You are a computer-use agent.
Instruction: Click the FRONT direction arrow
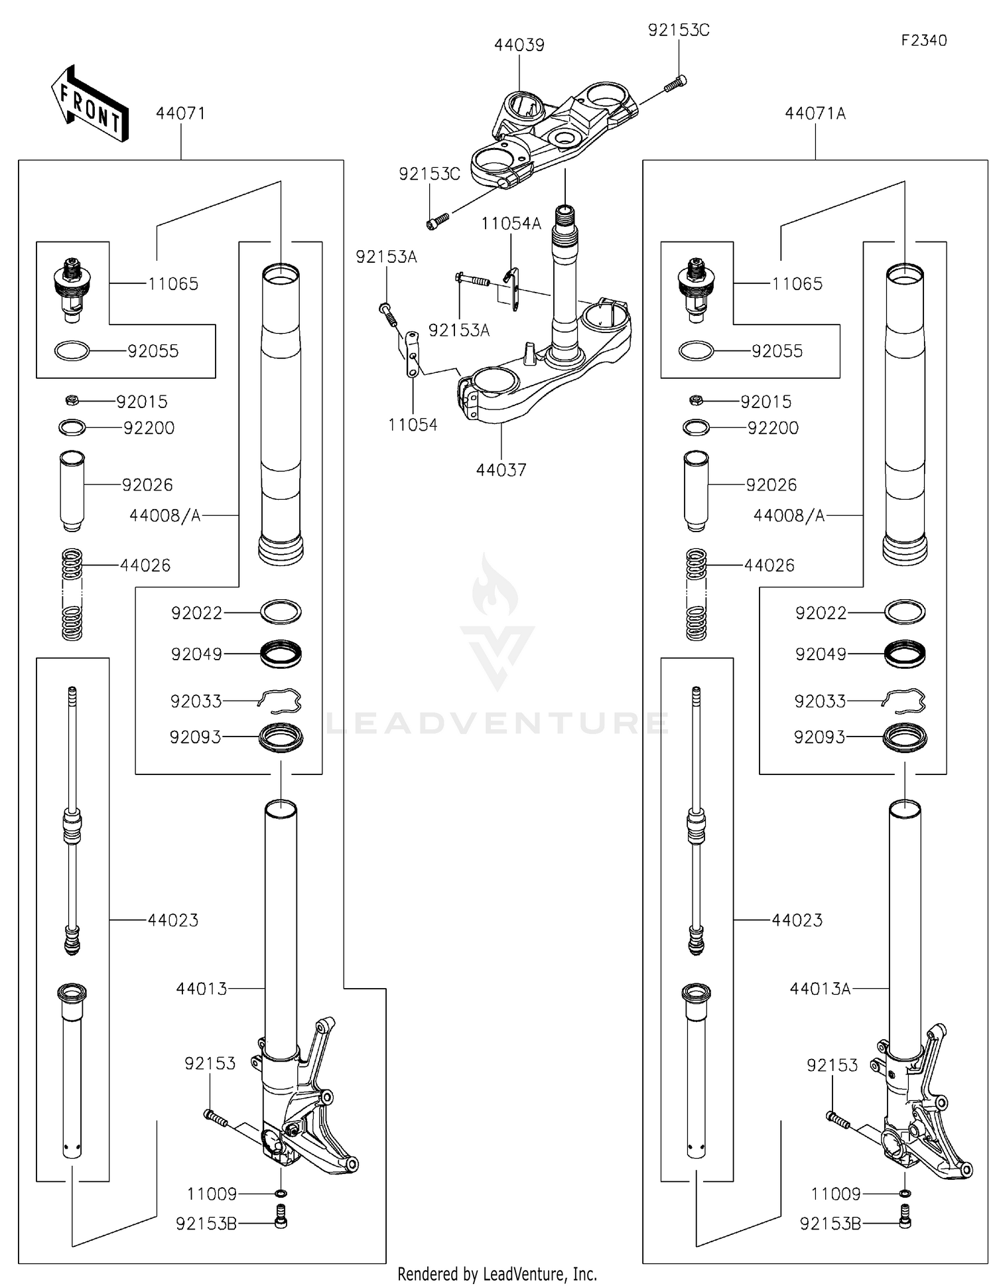click(90, 104)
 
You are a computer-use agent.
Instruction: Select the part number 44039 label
click(519, 45)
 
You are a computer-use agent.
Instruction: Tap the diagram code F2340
click(923, 40)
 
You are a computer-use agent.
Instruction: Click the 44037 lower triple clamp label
click(501, 470)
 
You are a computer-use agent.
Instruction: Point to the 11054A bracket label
click(511, 224)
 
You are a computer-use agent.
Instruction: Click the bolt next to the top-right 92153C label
click(675, 84)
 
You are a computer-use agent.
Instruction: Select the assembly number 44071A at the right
click(815, 113)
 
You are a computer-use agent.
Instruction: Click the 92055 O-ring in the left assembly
click(72, 350)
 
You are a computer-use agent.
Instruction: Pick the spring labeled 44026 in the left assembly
click(72, 594)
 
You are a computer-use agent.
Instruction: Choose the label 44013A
click(819, 989)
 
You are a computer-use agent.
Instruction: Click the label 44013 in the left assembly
click(201, 989)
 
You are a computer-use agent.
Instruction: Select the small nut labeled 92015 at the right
click(696, 400)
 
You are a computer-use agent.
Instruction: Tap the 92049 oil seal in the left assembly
click(281, 654)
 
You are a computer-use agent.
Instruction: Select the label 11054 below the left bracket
click(412, 425)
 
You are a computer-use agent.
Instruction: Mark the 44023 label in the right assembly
click(797, 920)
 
